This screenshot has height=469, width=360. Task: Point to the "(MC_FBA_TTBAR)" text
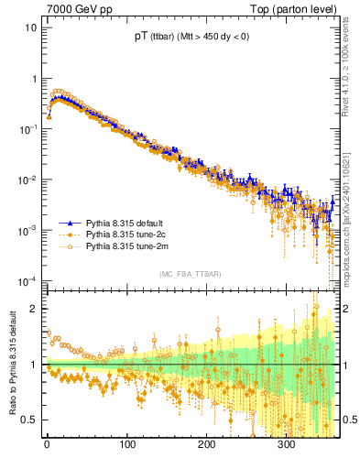(x=191, y=274)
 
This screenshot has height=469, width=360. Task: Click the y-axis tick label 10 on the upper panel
(x=31, y=27)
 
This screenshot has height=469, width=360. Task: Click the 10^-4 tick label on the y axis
(x=27, y=280)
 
